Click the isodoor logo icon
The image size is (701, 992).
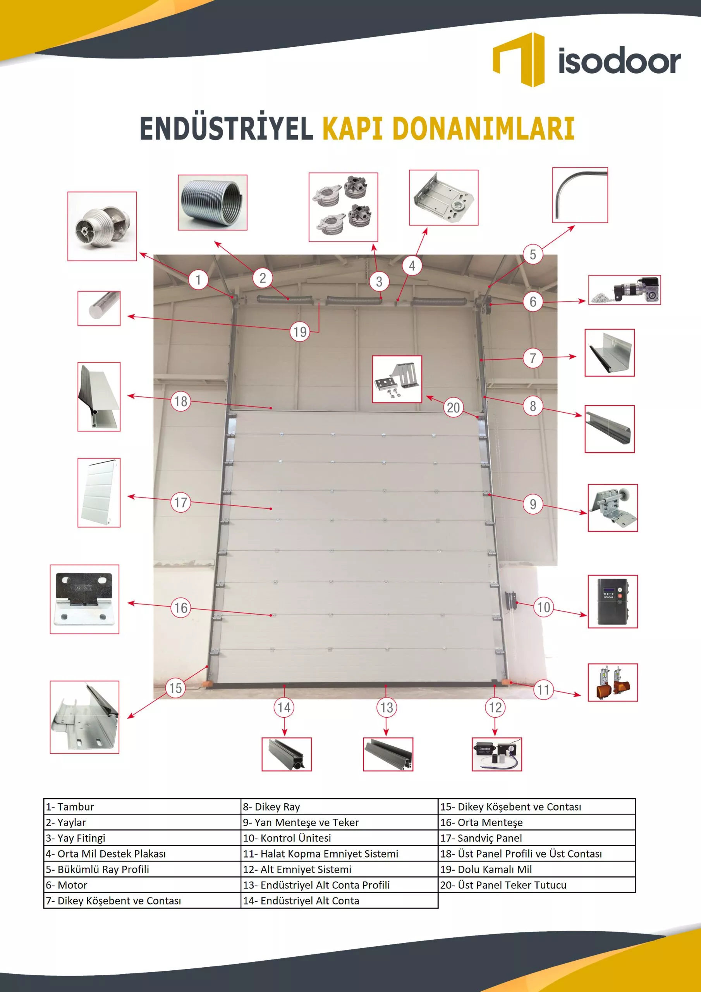pos(518,60)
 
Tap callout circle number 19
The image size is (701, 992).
pos(300,332)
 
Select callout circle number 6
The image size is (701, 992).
pos(533,301)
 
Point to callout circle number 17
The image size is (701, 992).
pos(180,502)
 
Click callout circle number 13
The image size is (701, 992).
pos(386,707)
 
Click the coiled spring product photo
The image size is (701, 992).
pos(213,203)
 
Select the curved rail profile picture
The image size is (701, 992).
pos(580,195)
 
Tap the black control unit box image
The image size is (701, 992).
pos(612,601)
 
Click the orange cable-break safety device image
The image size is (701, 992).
pos(612,683)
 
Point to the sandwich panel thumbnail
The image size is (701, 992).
pos(99,493)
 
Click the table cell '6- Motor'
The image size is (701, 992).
pos(142,885)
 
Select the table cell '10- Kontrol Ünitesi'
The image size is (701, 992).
pos(339,838)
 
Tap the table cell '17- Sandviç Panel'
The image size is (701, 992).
pos(536,838)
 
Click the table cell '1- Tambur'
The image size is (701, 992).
pos(142,807)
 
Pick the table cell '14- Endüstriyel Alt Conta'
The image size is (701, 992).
pos(339,901)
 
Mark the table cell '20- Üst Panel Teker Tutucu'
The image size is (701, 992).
pos(536,885)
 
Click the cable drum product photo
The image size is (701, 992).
pos(102,226)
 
